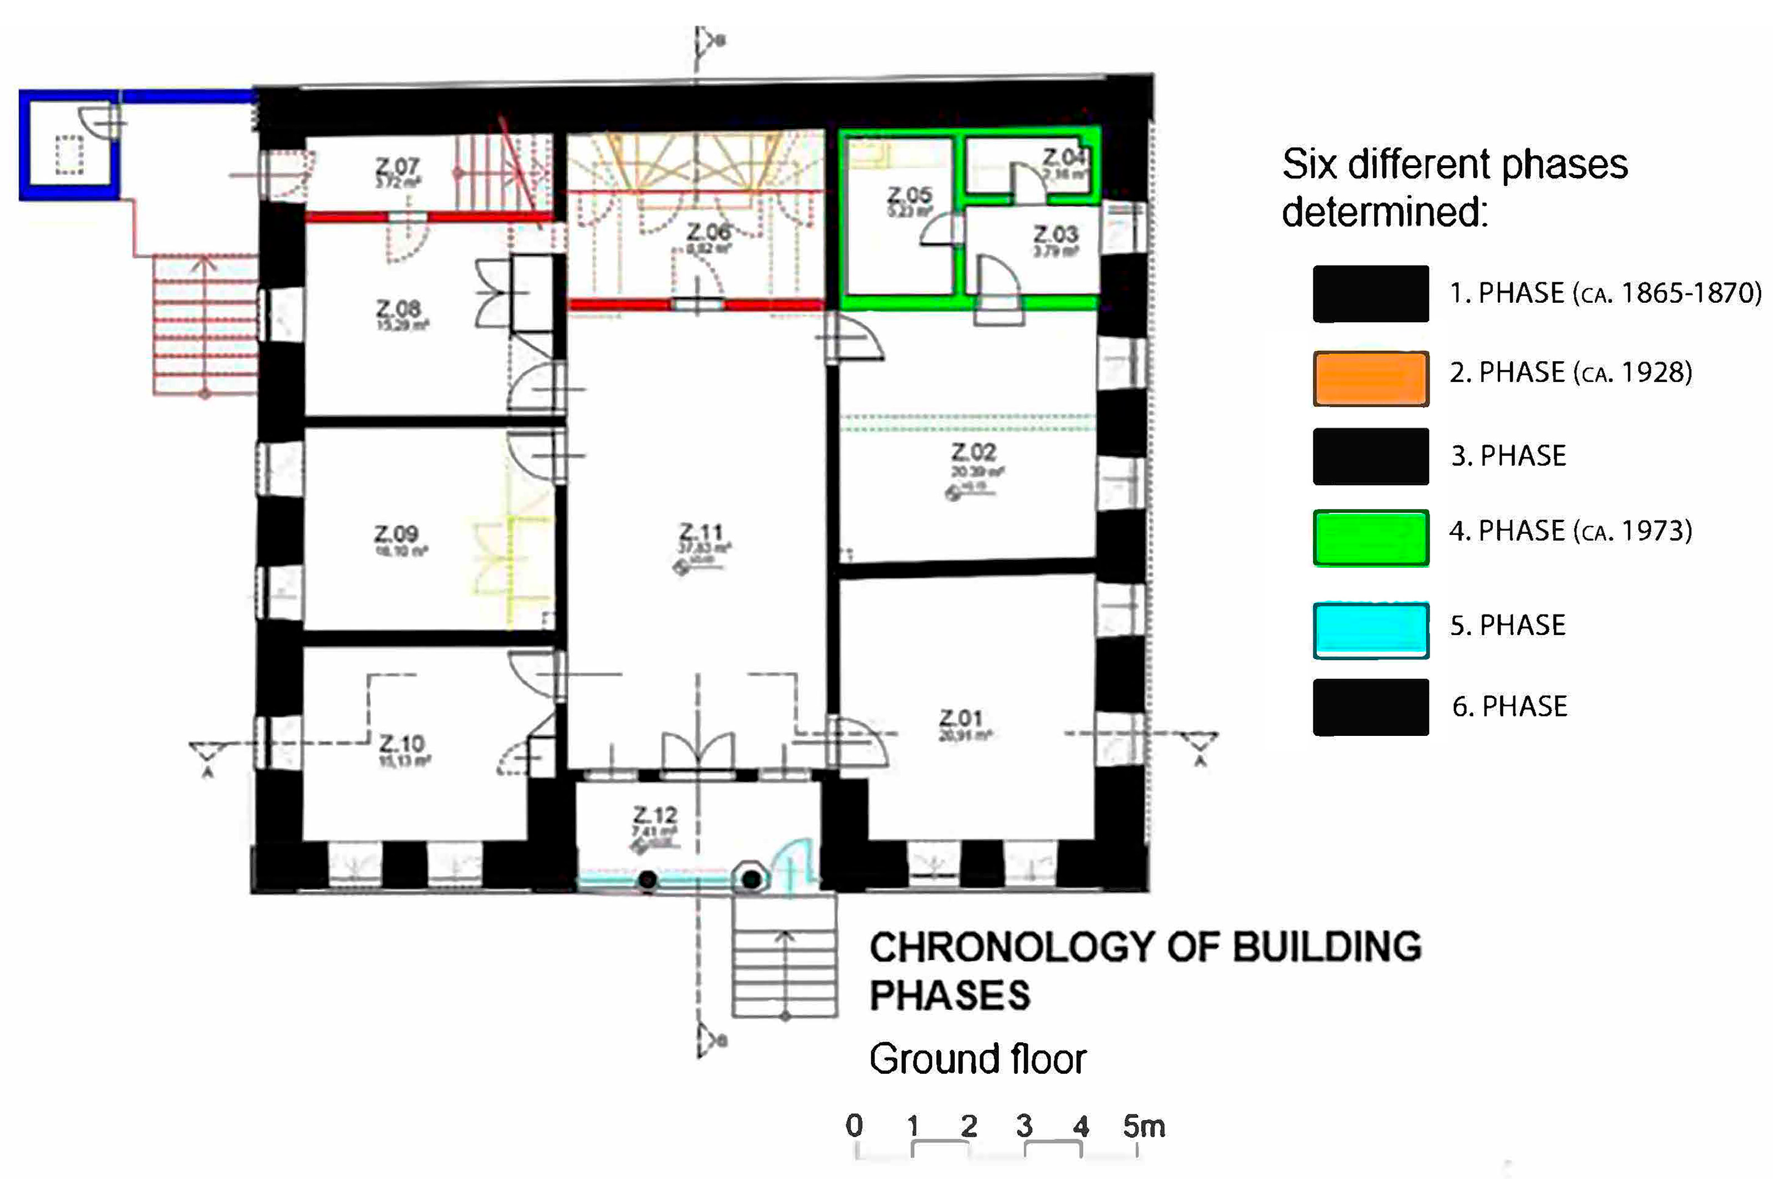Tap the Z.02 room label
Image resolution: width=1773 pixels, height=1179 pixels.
[x=973, y=452]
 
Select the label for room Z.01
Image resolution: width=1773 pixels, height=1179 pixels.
[x=961, y=718]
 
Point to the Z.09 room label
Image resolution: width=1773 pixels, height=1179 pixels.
[x=397, y=534]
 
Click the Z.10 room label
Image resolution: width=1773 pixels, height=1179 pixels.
[x=402, y=744]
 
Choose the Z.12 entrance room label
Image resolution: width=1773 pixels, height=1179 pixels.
[x=655, y=815]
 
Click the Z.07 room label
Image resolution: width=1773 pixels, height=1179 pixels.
[x=397, y=166]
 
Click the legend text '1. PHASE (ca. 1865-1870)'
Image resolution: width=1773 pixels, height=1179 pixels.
[x=1605, y=292]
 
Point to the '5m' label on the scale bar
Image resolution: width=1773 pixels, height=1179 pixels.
[x=1144, y=1126]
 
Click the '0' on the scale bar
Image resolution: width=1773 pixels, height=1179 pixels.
[x=854, y=1125]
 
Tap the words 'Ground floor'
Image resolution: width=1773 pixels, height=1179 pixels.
[x=977, y=1059]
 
